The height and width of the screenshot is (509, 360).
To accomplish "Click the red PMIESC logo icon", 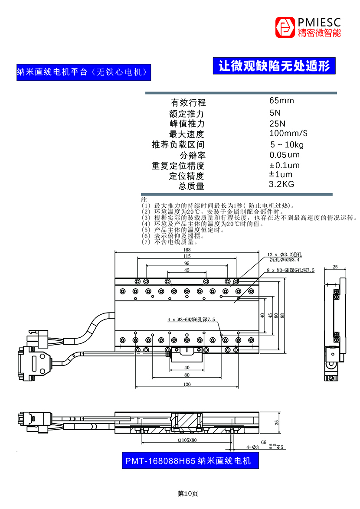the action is [285, 27].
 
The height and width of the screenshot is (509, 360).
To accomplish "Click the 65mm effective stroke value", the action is [281, 101].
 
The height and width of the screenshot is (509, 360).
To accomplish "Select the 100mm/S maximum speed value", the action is [288, 134].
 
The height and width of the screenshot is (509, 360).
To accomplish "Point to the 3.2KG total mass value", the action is [281, 184].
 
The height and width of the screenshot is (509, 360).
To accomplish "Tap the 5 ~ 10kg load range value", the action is [287, 144].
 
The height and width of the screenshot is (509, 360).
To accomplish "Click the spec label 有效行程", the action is [189, 103].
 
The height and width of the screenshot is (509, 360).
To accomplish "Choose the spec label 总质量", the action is [191, 186].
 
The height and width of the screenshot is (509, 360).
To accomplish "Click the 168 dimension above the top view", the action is [187, 250].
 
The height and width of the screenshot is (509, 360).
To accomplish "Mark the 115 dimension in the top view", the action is [187, 256].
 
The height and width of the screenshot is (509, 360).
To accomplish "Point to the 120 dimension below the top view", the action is [187, 384].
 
